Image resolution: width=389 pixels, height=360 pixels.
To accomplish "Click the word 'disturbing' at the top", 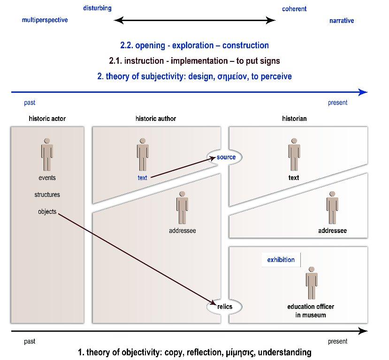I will pyautogui.click(x=97, y=8).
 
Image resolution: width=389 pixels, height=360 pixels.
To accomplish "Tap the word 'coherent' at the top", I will pyautogui.click(x=294, y=9).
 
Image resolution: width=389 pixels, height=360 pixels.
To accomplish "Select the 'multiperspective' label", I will pyautogui.click(x=45, y=20).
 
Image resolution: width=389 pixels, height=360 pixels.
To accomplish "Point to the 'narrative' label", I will pyautogui.click(x=342, y=21).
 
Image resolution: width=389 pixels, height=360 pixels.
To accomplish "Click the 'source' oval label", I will pyautogui.click(x=226, y=157).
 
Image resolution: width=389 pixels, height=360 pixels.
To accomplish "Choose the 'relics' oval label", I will pyautogui.click(x=225, y=307).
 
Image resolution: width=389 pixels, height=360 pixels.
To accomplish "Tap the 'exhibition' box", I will pyautogui.click(x=281, y=260).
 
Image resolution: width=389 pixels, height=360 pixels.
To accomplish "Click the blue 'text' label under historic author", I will pyautogui.click(x=142, y=178).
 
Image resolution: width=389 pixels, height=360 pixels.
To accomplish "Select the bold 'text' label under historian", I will pyautogui.click(x=294, y=178).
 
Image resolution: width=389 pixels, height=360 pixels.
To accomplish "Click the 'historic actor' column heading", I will pyautogui.click(x=47, y=119).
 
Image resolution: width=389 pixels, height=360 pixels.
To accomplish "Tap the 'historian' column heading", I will pyautogui.click(x=294, y=119).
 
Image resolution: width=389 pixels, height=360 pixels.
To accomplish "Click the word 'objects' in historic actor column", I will pyautogui.click(x=47, y=211).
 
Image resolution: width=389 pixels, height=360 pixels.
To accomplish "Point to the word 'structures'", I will pyautogui.click(x=47, y=195).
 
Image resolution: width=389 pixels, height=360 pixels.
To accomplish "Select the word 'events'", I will pyautogui.click(x=47, y=178).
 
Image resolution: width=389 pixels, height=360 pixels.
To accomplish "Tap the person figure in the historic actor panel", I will pyautogui.click(x=47, y=154).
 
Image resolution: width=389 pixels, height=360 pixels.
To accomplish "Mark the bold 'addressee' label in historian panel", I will pyautogui.click(x=332, y=231).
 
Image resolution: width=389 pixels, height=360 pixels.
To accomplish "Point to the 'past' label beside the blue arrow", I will pyautogui.click(x=30, y=103).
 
